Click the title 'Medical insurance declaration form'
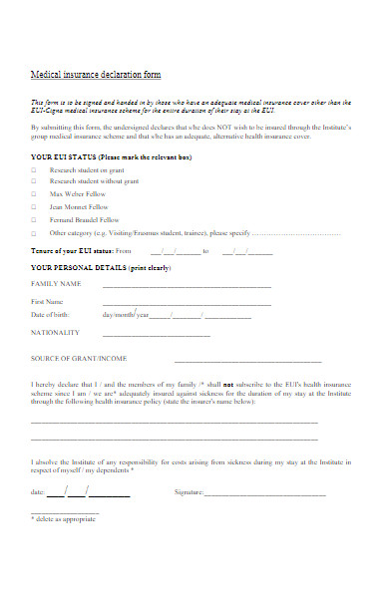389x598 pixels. [96, 75]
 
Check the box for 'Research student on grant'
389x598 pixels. [33, 169]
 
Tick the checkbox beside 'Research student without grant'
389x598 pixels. [33, 181]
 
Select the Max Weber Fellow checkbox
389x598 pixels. [33, 194]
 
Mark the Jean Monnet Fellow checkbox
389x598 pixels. [33, 206]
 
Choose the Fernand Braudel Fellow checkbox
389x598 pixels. [33, 219]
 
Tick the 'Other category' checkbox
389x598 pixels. [33, 231]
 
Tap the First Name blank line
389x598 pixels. [187, 303]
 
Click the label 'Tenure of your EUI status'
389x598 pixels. [73, 251]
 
